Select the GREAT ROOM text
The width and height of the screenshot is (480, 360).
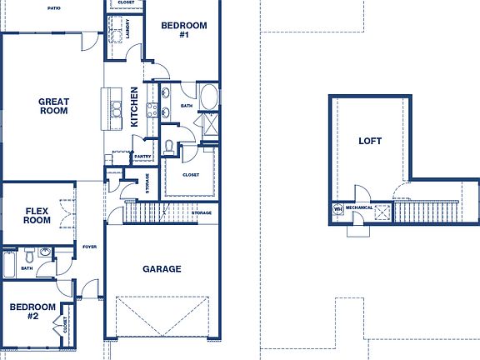pyautogui.click(x=53, y=107)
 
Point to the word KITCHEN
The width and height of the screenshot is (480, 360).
pyautogui.click(x=135, y=107)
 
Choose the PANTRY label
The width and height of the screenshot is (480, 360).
pyautogui.click(x=142, y=156)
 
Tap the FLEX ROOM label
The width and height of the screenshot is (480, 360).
pyautogui.click(x=37, y=215)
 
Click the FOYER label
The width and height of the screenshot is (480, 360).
pyautogui.click(x=89, y=247)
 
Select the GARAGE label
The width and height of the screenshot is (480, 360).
pyautogui.click(x=162, y=269)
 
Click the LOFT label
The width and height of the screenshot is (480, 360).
pyautogui.click(x=370, y=141)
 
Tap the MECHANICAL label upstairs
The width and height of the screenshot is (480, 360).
pyautogui.click(x=359, y=207)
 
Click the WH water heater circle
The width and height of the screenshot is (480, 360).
pyautogui.click(x=338, y=209)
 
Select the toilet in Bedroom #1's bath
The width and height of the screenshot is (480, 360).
pyautogui.click(x=170, y=147)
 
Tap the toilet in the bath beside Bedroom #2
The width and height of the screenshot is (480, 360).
pyautogui.click(x=29, y=253)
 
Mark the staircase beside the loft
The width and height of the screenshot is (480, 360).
pyautogui.click(x=426, y=212)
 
